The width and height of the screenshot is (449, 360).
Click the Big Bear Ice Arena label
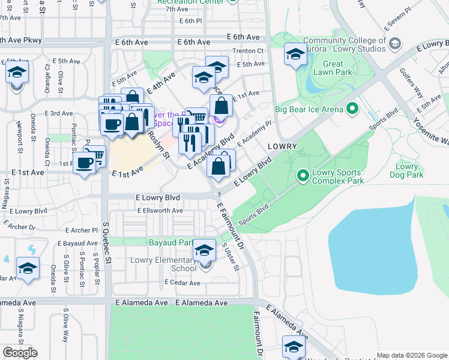(309, 109)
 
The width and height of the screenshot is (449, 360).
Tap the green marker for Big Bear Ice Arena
(352, 109)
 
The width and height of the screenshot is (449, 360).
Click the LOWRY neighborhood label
(282, 146)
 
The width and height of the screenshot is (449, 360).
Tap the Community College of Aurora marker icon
(395, 44)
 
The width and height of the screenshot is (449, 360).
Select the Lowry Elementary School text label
(163, 265)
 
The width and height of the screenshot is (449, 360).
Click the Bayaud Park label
(170, 242)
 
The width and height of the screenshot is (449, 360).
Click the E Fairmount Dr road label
(231, 226)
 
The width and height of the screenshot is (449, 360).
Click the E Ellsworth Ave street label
(160, 211)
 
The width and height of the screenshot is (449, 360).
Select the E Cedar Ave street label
(181, 283)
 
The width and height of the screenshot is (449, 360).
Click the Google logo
(20, 353)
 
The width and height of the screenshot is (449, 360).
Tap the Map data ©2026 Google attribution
(411, 355)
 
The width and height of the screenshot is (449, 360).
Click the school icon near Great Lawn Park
(295, 54)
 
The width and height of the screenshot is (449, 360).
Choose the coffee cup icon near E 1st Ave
(85, 162)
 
